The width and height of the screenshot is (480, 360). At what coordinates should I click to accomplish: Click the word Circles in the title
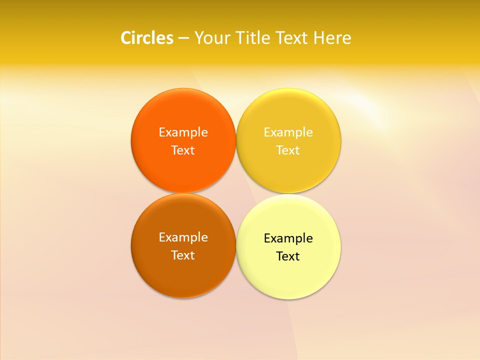147,38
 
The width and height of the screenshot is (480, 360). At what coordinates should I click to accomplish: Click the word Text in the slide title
293,38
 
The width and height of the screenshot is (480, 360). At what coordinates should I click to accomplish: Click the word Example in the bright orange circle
183,132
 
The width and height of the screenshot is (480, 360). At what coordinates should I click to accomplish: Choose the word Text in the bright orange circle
183,150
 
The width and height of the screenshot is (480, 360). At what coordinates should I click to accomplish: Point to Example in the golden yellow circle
288,132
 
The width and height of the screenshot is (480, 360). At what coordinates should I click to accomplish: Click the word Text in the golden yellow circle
288,150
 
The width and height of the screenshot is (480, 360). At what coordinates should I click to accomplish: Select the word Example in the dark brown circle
183,237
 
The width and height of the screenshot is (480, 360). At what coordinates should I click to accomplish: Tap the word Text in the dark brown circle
183,255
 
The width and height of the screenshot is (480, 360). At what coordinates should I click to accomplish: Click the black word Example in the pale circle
288,238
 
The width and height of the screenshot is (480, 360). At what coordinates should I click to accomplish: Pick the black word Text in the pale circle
288,256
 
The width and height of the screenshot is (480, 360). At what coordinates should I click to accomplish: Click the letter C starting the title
126,38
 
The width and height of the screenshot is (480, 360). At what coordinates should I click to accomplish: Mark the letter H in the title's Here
319,38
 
